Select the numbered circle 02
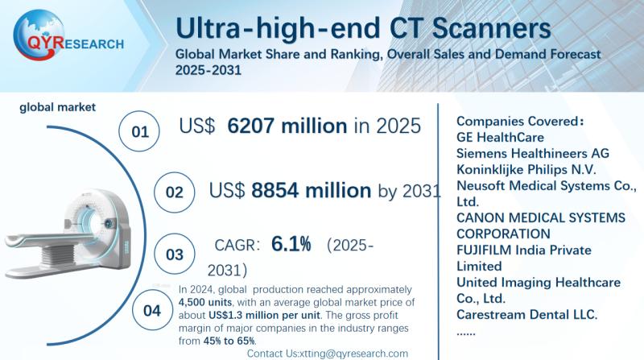(174, 192)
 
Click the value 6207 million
(287, 126)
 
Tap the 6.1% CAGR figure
(291, 245)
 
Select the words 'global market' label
(58, 106)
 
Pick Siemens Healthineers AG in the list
(532, 153)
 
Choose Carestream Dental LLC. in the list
(526, 314)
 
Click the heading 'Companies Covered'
(518, 121)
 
